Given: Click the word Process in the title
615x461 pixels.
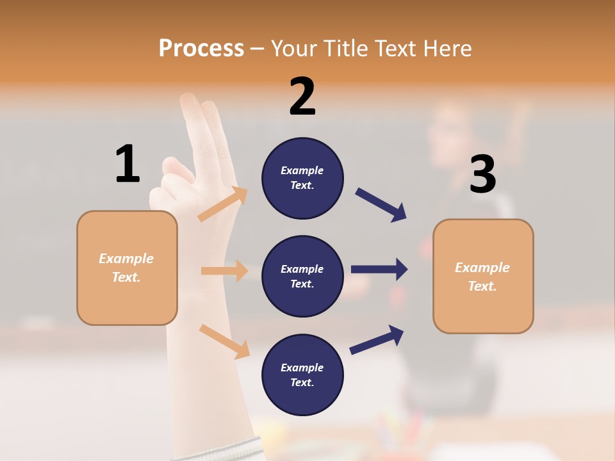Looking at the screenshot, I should [x=201, y=48].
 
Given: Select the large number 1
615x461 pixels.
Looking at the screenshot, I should [x=127, y=164].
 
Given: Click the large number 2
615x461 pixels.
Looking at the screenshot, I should [x=302, y=97].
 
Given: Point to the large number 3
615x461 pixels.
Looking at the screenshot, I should [x=483, y=174].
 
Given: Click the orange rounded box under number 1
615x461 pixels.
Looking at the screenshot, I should [x=127, y=268].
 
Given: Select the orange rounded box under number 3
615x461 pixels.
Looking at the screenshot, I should [x=483, y=276].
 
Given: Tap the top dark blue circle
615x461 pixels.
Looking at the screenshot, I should [x=302, y=178].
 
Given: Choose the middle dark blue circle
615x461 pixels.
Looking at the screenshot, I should [x=302, y=276].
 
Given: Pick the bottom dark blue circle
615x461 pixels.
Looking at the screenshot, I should [x=302, y=375].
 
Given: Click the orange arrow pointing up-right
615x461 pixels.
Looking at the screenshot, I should [x=223, y=204].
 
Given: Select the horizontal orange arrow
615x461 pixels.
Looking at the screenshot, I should [x=224, y=271].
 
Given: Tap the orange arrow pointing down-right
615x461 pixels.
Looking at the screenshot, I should [x=224, y=341].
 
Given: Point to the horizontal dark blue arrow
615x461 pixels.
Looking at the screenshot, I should [x=379, y=270].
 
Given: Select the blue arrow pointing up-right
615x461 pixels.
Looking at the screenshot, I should [x=377, y=339].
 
